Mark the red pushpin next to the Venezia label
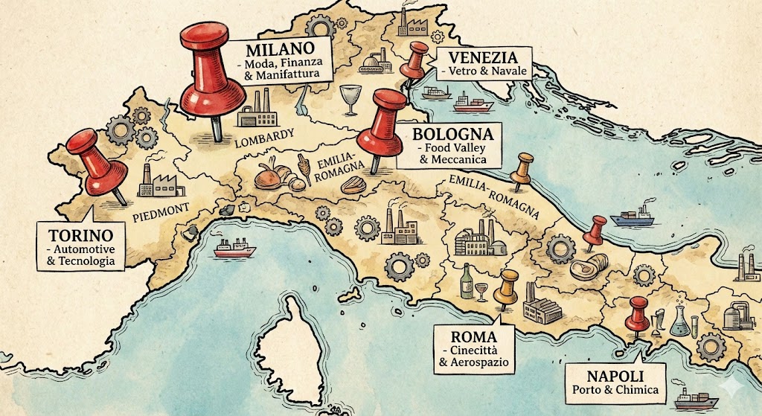click(x=415, y=60)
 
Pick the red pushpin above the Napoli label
click(x=638, y=310)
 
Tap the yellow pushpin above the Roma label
click(x=509, y=285)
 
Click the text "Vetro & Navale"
click(x=482, y=72)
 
